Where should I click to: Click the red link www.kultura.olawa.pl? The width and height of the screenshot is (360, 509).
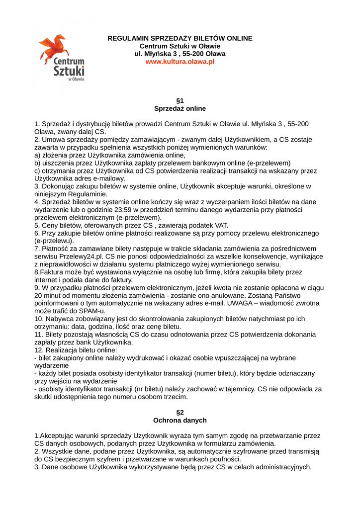tap(180, 62)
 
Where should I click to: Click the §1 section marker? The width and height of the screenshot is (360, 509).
tap(180, 100)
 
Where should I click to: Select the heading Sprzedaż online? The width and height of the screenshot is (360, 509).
tap(180, 108)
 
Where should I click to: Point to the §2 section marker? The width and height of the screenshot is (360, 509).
tap(180, 412)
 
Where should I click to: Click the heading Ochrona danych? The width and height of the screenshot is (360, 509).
tap(180, 420)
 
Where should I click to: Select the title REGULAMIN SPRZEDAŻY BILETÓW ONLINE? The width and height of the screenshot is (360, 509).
tap(180, 38)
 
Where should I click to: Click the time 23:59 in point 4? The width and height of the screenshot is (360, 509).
tap(122, 210)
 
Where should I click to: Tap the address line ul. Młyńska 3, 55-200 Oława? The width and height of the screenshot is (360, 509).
tap(180, 54)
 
